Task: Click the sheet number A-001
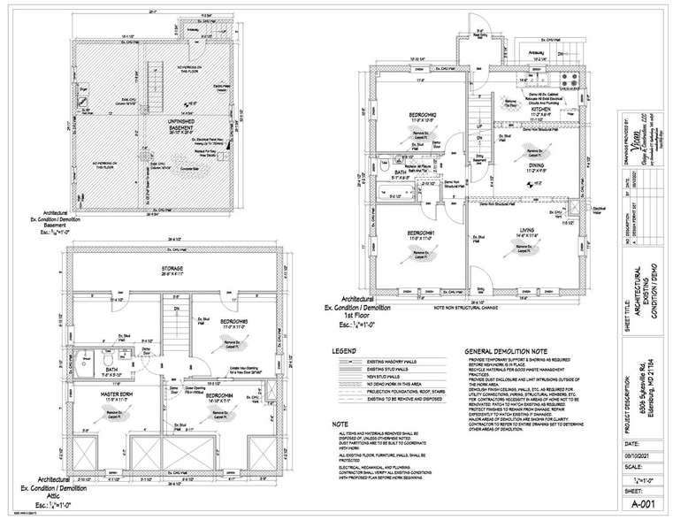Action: [643, 501]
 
